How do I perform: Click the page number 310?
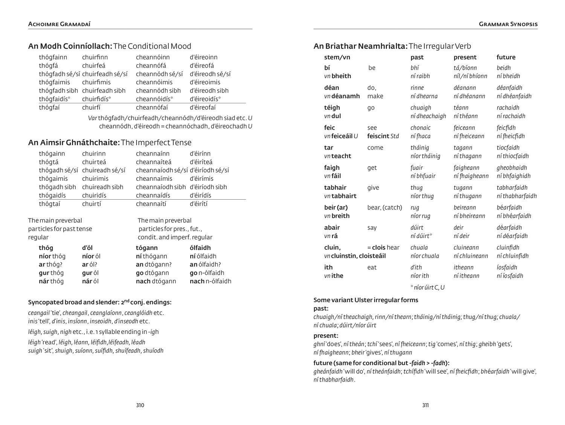pos(140,405)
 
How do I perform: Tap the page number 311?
pos(425,405)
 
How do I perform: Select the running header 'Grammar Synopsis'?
pos(508,24)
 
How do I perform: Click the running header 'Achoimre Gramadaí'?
pos(59,24)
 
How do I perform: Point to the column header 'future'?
pos(506,57)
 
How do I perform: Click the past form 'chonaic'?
pos(420,128)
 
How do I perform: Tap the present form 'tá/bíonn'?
pos(465,68)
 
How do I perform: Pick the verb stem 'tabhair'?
pos(335,188)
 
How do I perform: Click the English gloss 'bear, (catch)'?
pos(385,208)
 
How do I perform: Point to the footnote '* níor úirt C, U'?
pos(427,287)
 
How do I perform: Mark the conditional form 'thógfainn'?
pos(53,57)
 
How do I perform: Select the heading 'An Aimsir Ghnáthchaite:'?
pos(74,142)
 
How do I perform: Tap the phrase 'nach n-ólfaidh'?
pos(210,281)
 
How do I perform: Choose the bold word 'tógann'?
pos(147,248)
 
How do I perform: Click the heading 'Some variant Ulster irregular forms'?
pos(366,300)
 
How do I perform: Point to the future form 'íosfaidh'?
pos(507,268)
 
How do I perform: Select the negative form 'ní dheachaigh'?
pos(428,116)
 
